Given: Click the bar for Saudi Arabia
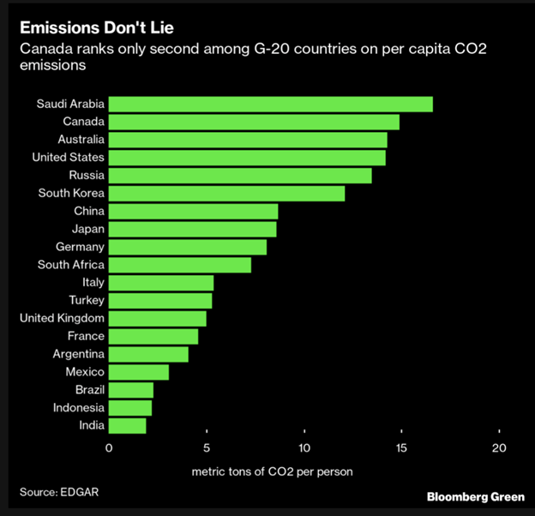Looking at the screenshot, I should [x=270, y=104].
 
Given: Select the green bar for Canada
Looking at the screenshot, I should [x=254, y=122].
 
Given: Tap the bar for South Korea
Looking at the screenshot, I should [x=226, y=193].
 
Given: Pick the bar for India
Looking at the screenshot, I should [x=127, y=425].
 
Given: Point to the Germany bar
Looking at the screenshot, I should [x=187, y=247].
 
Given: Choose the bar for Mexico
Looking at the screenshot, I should [x=138, y=372].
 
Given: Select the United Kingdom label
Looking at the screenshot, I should [x=62, y=318].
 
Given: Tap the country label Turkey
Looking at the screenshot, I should [x=87, y=300].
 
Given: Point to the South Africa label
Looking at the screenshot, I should [x=71, y=265].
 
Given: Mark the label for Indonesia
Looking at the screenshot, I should [x=78, y=407].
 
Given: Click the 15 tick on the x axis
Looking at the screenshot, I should [x=401, y=448].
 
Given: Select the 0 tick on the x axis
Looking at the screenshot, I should [x=109, y=448].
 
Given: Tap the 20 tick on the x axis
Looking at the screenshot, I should [x=499, y=448].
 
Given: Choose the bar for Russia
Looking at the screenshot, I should [x=240, y=175].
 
